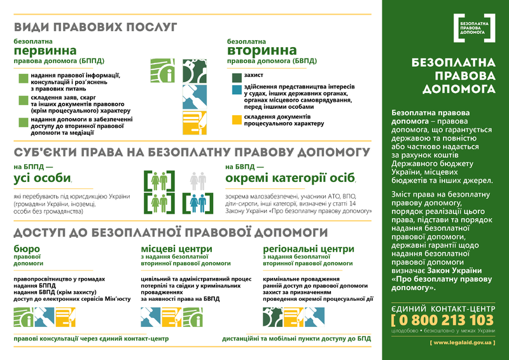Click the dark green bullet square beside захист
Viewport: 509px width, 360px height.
(237, 75)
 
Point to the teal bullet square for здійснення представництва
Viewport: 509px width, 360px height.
(237, 90)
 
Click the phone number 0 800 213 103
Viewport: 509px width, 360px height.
(443, 319)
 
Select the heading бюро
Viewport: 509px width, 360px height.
(27, 248)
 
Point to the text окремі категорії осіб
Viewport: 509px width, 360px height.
(291, 179)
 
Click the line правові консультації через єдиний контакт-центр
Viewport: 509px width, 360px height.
(91, 338)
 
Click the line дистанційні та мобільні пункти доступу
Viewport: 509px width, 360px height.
(296, 338)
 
